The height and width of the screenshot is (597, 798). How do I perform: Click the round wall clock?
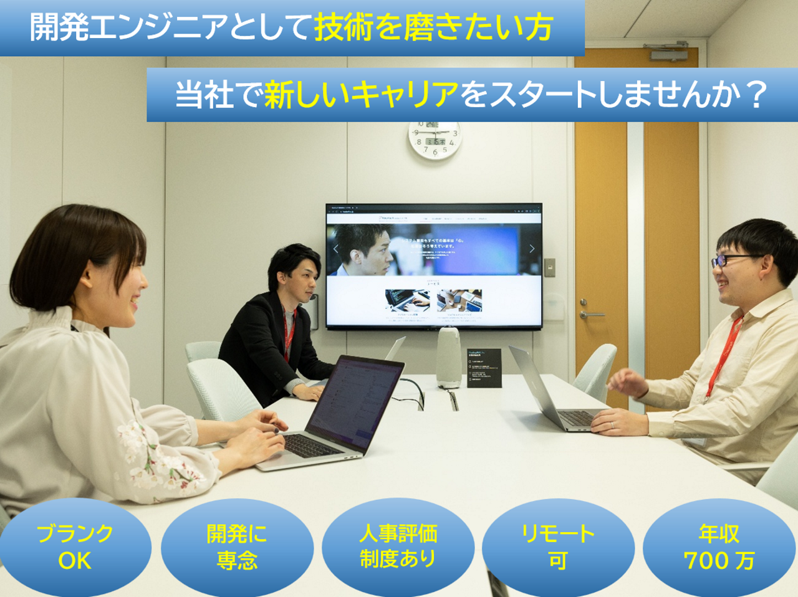pyautogui.click(x=435, y=140)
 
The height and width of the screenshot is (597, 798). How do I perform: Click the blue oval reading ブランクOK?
pyautogui.click(x=75, y=547)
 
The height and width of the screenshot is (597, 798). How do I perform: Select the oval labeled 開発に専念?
pyautogui.click(x=237, y=547)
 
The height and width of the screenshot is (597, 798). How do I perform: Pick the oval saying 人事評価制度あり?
pyautogui.click(x=398, y=547)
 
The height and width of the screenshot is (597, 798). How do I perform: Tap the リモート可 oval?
pyautogui.click(x=558, y=547)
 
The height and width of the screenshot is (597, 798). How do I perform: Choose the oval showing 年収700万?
pyautogui.click(x=719, y=547)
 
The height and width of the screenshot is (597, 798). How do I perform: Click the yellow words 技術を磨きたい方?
pyautogui.click(x=434, y=27)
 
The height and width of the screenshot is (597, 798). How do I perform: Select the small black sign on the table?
pyautogui.click(x=484, y=368)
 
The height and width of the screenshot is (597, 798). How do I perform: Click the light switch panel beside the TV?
pyautogui.click(x=549, y=267)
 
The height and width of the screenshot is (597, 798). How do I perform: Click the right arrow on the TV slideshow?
pyautogui.click(x=532, y=249)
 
